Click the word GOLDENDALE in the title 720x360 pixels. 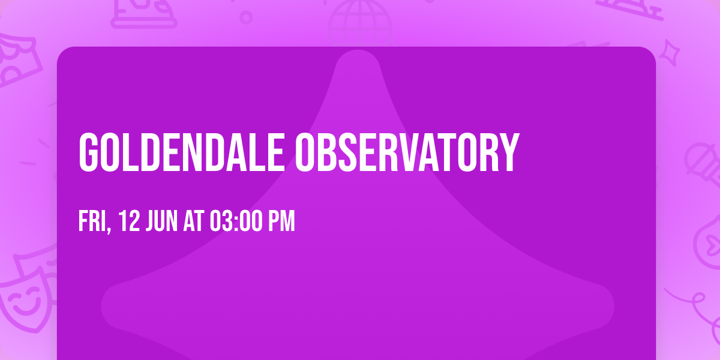pyautogui.click(x=182, y=152)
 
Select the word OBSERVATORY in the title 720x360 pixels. pyautogui.click(x=407, y=152)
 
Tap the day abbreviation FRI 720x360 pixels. pyautogui.click(x=92, y=221)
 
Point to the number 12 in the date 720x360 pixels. pyautogui.click(x=129, y=221)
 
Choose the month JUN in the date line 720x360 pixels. pyautogui.click(x=161, y=221)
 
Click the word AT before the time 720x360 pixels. pyautogui.click(x=194, y=221)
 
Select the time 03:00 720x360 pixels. pyautogui.click(x=236, y=221)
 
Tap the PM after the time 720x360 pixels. pyautogui.click(x=281, y=221)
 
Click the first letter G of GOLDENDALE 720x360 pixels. pyautogui.click(x=88, y=152)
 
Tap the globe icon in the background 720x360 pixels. pyautogui.click(x=360, y=23)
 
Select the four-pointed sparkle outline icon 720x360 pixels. pyautogui.click(x=670, y=53)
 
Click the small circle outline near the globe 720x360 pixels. pyautogui.click(x=246, y=17)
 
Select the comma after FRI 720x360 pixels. pyautogui.click(x=109, y=229)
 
